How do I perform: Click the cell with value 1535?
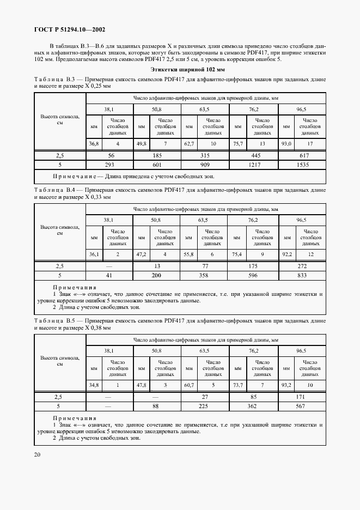point(302,165)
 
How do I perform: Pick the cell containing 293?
point(110,165)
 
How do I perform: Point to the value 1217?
point(253,165)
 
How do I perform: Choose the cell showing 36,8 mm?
point(94,144)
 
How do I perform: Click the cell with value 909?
point(205,165)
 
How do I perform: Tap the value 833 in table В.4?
point(302,276)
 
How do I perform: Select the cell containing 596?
point(253,276)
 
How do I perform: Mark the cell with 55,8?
point(188,254)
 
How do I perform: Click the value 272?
point(302,266)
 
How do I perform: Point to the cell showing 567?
point(302,406)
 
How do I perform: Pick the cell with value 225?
point(205,406)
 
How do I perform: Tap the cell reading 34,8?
point(94,386)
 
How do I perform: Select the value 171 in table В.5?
point(302,396)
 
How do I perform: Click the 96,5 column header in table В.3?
point(302,109)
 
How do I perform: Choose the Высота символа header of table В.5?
point(60,361)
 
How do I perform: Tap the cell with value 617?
point(302,155)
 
